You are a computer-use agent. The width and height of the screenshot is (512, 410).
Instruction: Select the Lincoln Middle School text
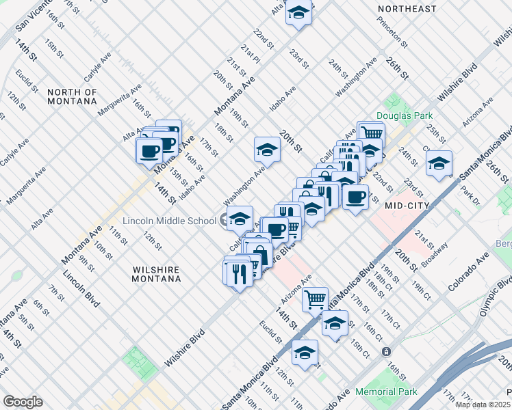pyautogui.click(x=168, y=221)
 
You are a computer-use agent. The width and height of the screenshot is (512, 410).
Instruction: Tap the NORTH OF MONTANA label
pyautogui.click(x=73, y=96)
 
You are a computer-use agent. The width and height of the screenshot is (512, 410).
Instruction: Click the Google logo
pyautogui.click(x=23, y=402)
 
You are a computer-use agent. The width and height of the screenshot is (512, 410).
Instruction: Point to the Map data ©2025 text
pyautogui.click(x=483, y=405)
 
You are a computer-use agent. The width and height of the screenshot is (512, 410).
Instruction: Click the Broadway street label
pyautogui.click(x=435, y=254)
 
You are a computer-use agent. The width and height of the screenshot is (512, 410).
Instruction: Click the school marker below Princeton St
pyautogui.click(x=439, y=163)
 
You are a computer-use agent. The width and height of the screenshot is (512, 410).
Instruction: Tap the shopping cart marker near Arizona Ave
pyautogui.click(x=315, y=298)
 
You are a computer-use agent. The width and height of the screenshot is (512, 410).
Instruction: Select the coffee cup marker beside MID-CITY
pyautogui.click(x=355, y=197)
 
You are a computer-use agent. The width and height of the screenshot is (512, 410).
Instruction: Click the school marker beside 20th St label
pyautogui.click(x=267, y=149)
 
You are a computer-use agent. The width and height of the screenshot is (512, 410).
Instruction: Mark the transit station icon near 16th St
pyautogui.click(x=387, y=351)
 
